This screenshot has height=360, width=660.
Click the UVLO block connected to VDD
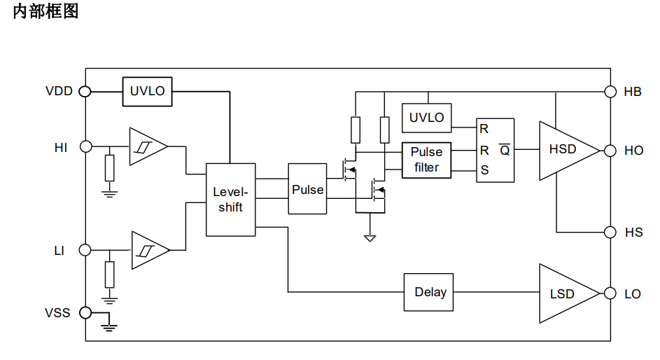tap(147, 91)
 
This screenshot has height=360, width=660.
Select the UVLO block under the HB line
tap(427, 118)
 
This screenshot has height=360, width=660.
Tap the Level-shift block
tap(231, 200)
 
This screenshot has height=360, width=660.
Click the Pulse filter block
tap(426, 160)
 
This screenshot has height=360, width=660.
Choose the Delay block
tap(428, 292)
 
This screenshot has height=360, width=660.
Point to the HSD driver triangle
tap(569, 151)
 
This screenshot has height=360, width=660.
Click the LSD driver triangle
tap(569, 293)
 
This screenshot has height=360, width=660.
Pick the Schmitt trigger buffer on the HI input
tap(148, 146)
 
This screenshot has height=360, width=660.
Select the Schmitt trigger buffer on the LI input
tap(150, 250)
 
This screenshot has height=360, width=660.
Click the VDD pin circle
tap(85, 91)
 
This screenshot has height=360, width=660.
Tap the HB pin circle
tap(610, 91)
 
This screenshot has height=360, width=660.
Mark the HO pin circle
tap(610, 151)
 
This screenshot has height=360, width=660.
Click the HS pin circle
tap(610, 232)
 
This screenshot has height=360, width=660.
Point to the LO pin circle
tap(610, 293)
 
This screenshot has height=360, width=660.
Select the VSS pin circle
tap(85, 313)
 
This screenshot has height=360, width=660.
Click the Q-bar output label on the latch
tap(505, 150)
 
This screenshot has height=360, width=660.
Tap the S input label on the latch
tap(484, 170)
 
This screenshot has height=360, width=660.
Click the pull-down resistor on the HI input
tap(109, 168)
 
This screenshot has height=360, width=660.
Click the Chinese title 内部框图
tap(45, 11)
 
